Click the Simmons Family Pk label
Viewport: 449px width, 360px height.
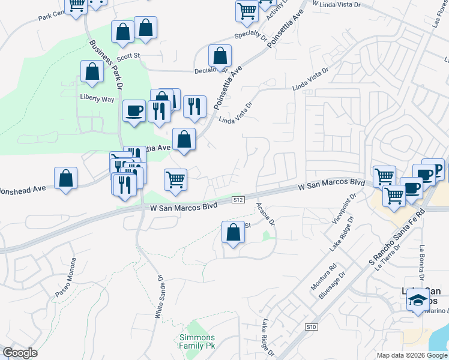pyautogui.click(x=197, y=341)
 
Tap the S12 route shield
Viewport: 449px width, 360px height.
pyautogui.click(x=238, y=199)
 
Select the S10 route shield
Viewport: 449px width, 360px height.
pyautogui.click(x=310, y=326)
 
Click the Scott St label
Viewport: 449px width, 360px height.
pyautogui.click(x=128, y=57)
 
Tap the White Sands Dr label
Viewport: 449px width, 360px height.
pyautogui.click(x=160, y=296)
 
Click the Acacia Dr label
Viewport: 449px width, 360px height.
pyautogui.click(x=265, y=214)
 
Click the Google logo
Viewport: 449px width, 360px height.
pyautogui.click(x=20, y=353)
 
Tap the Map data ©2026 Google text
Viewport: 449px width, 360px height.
pyautogui.click(x=411, y=355)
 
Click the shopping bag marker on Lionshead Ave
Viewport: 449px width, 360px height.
pyautogui.click(x=65, y=178)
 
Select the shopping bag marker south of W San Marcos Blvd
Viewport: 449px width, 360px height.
pyautogui.click(x=232, y=232)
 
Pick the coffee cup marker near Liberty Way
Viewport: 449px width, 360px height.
pyautogui.click(x=134, y=112)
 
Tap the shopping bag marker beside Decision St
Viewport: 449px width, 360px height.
pyautogui.click(x=220, y=56)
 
